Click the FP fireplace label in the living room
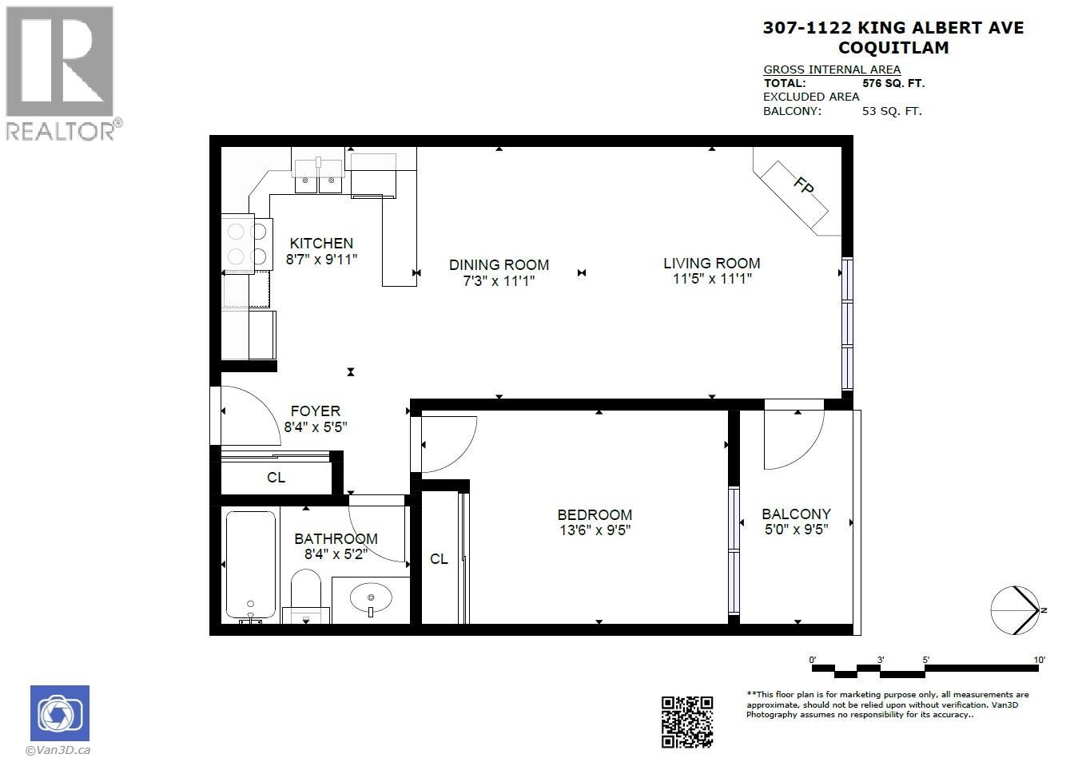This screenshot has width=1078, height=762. click(x=803, y=186)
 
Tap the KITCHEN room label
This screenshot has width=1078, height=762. click(x=321, y=243)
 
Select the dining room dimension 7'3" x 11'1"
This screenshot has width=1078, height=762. click(x=499, y=280)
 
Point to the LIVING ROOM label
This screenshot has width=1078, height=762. click(x=711, y=263)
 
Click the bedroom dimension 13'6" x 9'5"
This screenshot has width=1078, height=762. click(x=595, y=530)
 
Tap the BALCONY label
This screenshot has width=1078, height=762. click(x=796, y=514)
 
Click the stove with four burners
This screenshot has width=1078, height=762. click(x=246, y=244)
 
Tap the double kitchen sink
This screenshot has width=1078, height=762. click(x=319, y=177)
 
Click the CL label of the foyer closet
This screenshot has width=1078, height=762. click(x=276, y=478)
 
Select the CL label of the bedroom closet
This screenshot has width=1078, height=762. click(x=439, y=558)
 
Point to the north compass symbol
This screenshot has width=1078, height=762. click(x=1015, y=610)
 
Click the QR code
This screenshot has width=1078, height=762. click(x=686, y=722)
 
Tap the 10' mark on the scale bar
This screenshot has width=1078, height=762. click(x=1038, y=660)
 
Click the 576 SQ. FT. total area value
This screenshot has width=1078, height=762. click(x=893, y=83)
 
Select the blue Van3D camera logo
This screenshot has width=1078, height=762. click(x=60, y=713)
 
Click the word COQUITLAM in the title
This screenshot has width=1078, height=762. click(x=893, y=48)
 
